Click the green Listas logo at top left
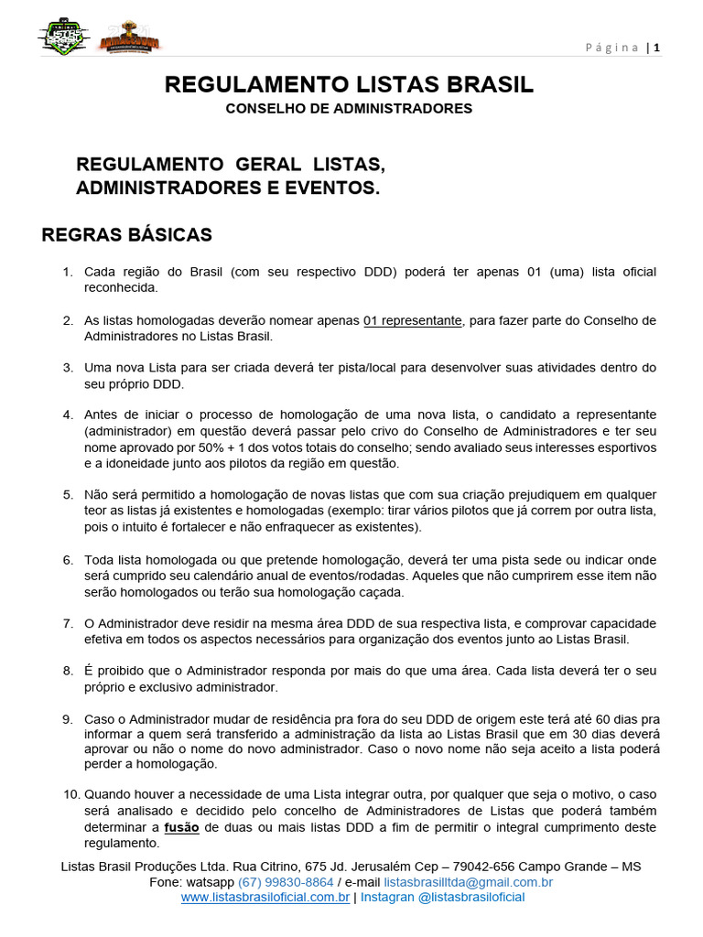63,37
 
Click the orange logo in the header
130,39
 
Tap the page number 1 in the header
656,48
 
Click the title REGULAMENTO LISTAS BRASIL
349,85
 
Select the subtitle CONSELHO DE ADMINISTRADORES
349,108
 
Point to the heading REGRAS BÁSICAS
126,235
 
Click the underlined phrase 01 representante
413,320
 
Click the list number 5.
68,495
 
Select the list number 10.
71,794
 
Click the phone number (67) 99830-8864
286,882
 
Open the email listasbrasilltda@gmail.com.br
468,882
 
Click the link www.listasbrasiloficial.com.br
265,898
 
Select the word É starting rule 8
89,671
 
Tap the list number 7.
68,623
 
